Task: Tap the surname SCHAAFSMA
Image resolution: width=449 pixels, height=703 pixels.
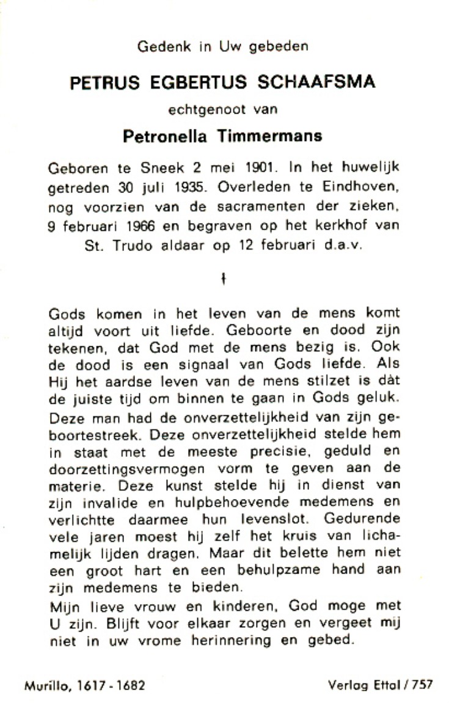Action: point(323,82)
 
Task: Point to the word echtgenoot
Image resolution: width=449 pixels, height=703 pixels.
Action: point(209,110)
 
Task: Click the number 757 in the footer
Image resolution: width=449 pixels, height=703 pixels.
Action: point(422,685)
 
